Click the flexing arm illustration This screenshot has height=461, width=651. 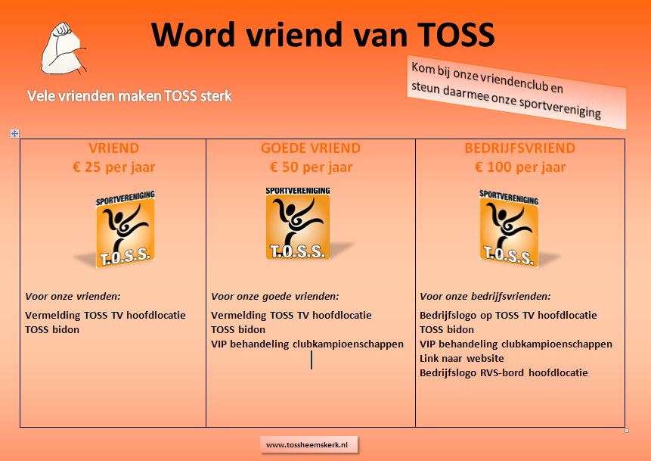point(63,48)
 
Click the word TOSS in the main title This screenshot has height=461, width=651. point(456,35)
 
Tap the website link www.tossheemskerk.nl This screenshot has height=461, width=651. point(307,445)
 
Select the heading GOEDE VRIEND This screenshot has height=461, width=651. point(311,148)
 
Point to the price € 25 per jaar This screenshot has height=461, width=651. point(113,167)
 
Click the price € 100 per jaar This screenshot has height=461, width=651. point(519,167)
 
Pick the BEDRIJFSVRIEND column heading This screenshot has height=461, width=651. point(519,148)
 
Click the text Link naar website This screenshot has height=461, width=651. point(462,358)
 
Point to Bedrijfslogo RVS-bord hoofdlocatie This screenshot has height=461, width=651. point(504,372)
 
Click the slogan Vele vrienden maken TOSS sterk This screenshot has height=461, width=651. point(129,96)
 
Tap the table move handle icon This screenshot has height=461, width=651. point(14,133)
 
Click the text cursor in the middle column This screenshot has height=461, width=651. point(312,360)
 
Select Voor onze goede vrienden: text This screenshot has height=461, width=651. point(275,297)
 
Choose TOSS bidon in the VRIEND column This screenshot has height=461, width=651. point(52,329)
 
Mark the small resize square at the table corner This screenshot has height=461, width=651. point(627,431)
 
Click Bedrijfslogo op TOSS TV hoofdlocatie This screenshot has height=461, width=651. point(508,315)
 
